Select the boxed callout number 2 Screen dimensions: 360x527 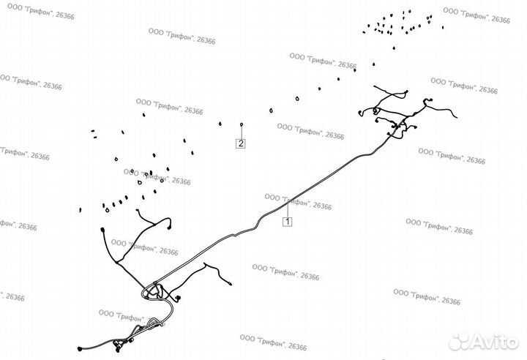click(241, 143)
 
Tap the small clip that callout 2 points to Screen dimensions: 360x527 click(241, 125)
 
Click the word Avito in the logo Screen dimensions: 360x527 click(494, 341)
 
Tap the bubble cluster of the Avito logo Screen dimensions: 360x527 click(462, 341)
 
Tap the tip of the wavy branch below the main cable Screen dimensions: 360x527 click(231, 282)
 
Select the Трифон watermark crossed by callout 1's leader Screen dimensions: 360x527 click(298, 202)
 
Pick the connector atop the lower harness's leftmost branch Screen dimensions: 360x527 click(102, 231)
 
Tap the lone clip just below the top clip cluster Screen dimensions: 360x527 click(395, 49)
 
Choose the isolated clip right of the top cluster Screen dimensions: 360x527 click(443, 27)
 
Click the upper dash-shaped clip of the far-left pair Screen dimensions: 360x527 click(93, 131)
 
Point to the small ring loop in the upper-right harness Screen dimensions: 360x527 click(375, 111)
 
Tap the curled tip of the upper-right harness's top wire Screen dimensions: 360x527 click(406, 92)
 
